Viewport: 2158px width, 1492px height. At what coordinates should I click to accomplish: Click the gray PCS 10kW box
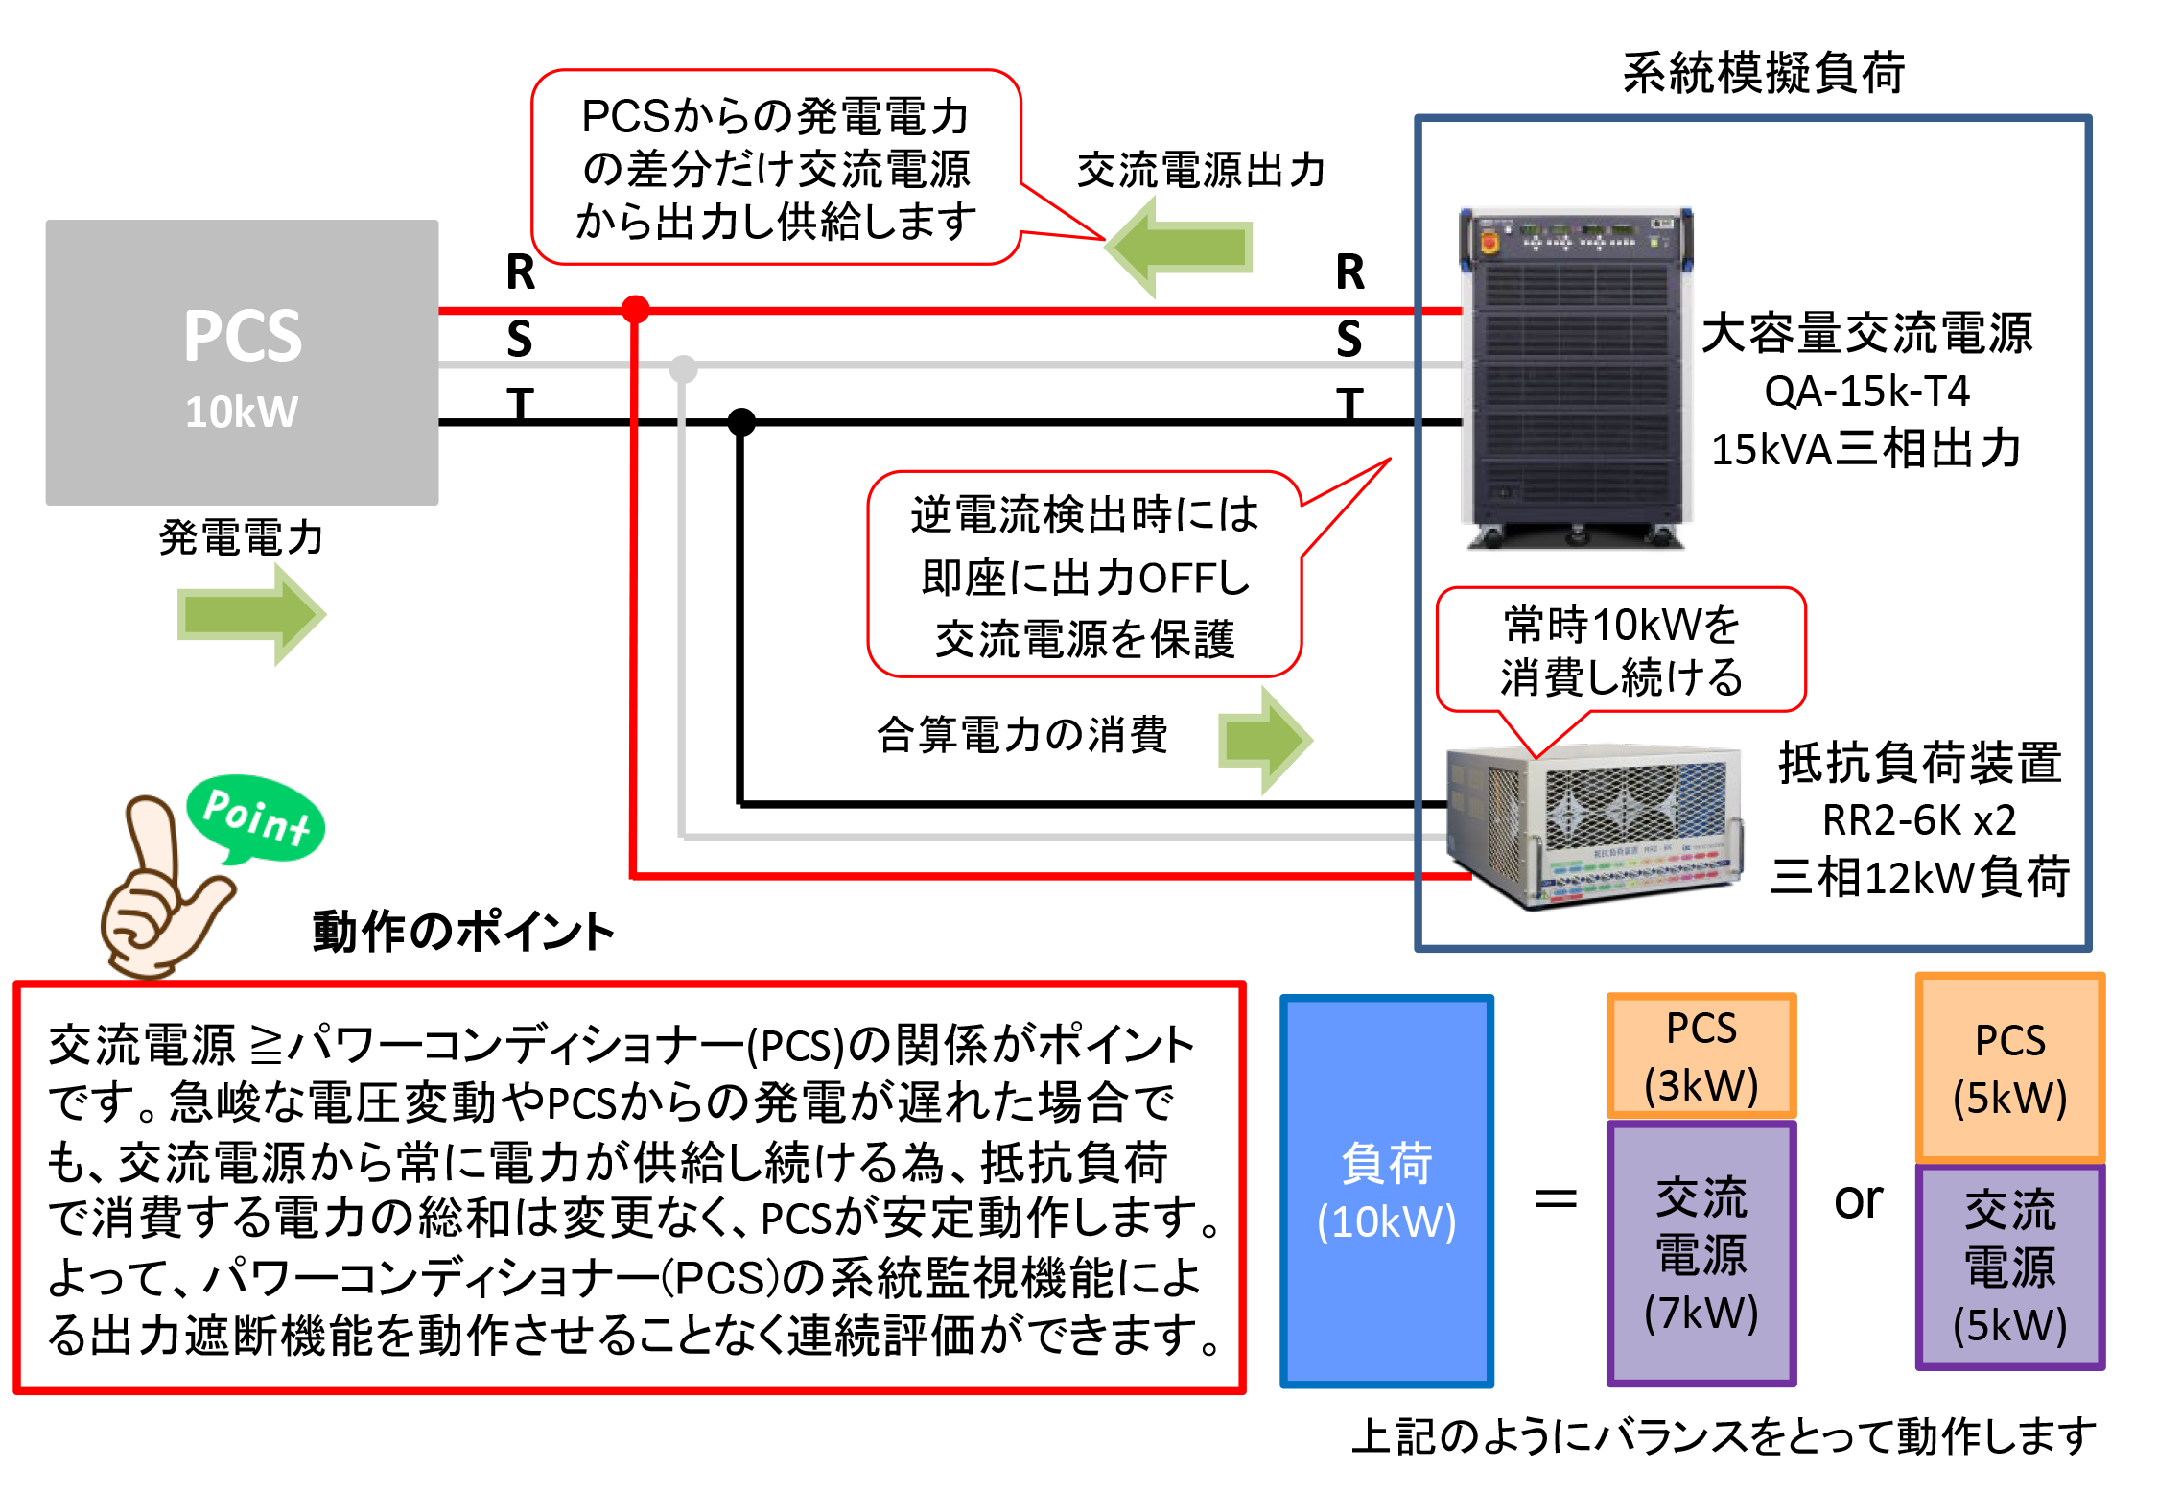click(x=242, y=363)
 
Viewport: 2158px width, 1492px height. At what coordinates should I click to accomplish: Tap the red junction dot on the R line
click(x=635, y=309)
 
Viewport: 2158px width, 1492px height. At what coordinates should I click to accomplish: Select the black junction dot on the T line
click(x=741, y=421)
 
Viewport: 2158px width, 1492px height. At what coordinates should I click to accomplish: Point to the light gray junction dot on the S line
click(x=683, y=367)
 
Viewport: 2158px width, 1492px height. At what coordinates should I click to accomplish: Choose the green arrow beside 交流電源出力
click(x=1180, y=247)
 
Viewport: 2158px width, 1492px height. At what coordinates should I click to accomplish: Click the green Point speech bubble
click(x=255, y=818)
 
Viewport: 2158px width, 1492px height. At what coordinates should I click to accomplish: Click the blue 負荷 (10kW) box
click(x=1387, y=1191)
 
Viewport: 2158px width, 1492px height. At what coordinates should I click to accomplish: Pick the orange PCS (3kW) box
click(x=1701, y=1055)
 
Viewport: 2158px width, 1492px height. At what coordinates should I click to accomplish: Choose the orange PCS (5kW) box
click(x=2010, y=1068)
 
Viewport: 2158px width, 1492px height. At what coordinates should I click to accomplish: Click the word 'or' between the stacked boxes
click(x=1858, y=1199)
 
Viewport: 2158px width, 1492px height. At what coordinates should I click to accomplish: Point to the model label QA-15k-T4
click(x=1866, y=391)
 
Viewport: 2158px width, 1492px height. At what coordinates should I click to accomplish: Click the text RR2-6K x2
click(x=1919, y=819)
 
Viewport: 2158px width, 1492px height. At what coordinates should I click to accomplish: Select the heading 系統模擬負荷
click(x=1763, y=73)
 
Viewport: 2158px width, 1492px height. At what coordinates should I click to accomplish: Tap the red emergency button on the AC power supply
click(x=1489, y=241)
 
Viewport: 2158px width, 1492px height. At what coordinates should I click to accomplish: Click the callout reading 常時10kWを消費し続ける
click(x=1621, y=651)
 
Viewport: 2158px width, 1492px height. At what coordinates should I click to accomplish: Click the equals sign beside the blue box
click(x=1556, y=1199)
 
